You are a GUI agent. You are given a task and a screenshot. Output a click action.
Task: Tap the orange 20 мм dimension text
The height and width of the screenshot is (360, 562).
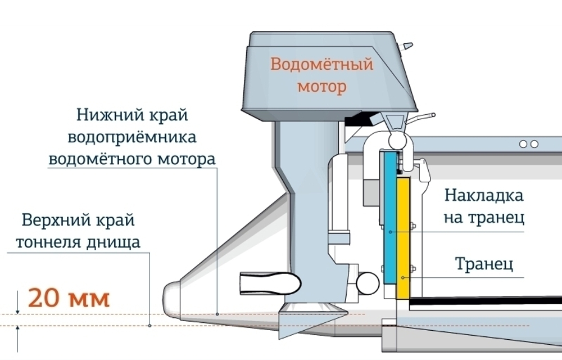[69, 298]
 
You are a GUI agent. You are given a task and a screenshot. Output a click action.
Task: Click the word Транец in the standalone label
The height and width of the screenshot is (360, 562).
[484, 263]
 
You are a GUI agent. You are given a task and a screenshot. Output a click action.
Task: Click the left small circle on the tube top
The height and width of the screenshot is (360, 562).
[524, 144]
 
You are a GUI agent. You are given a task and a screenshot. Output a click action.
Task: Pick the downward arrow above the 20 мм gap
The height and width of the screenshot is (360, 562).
[19, 308]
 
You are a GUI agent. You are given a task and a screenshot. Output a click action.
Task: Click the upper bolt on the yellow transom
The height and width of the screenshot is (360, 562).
[413, 228]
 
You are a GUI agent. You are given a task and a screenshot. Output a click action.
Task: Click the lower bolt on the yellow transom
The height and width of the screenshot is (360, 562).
[413, 268]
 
